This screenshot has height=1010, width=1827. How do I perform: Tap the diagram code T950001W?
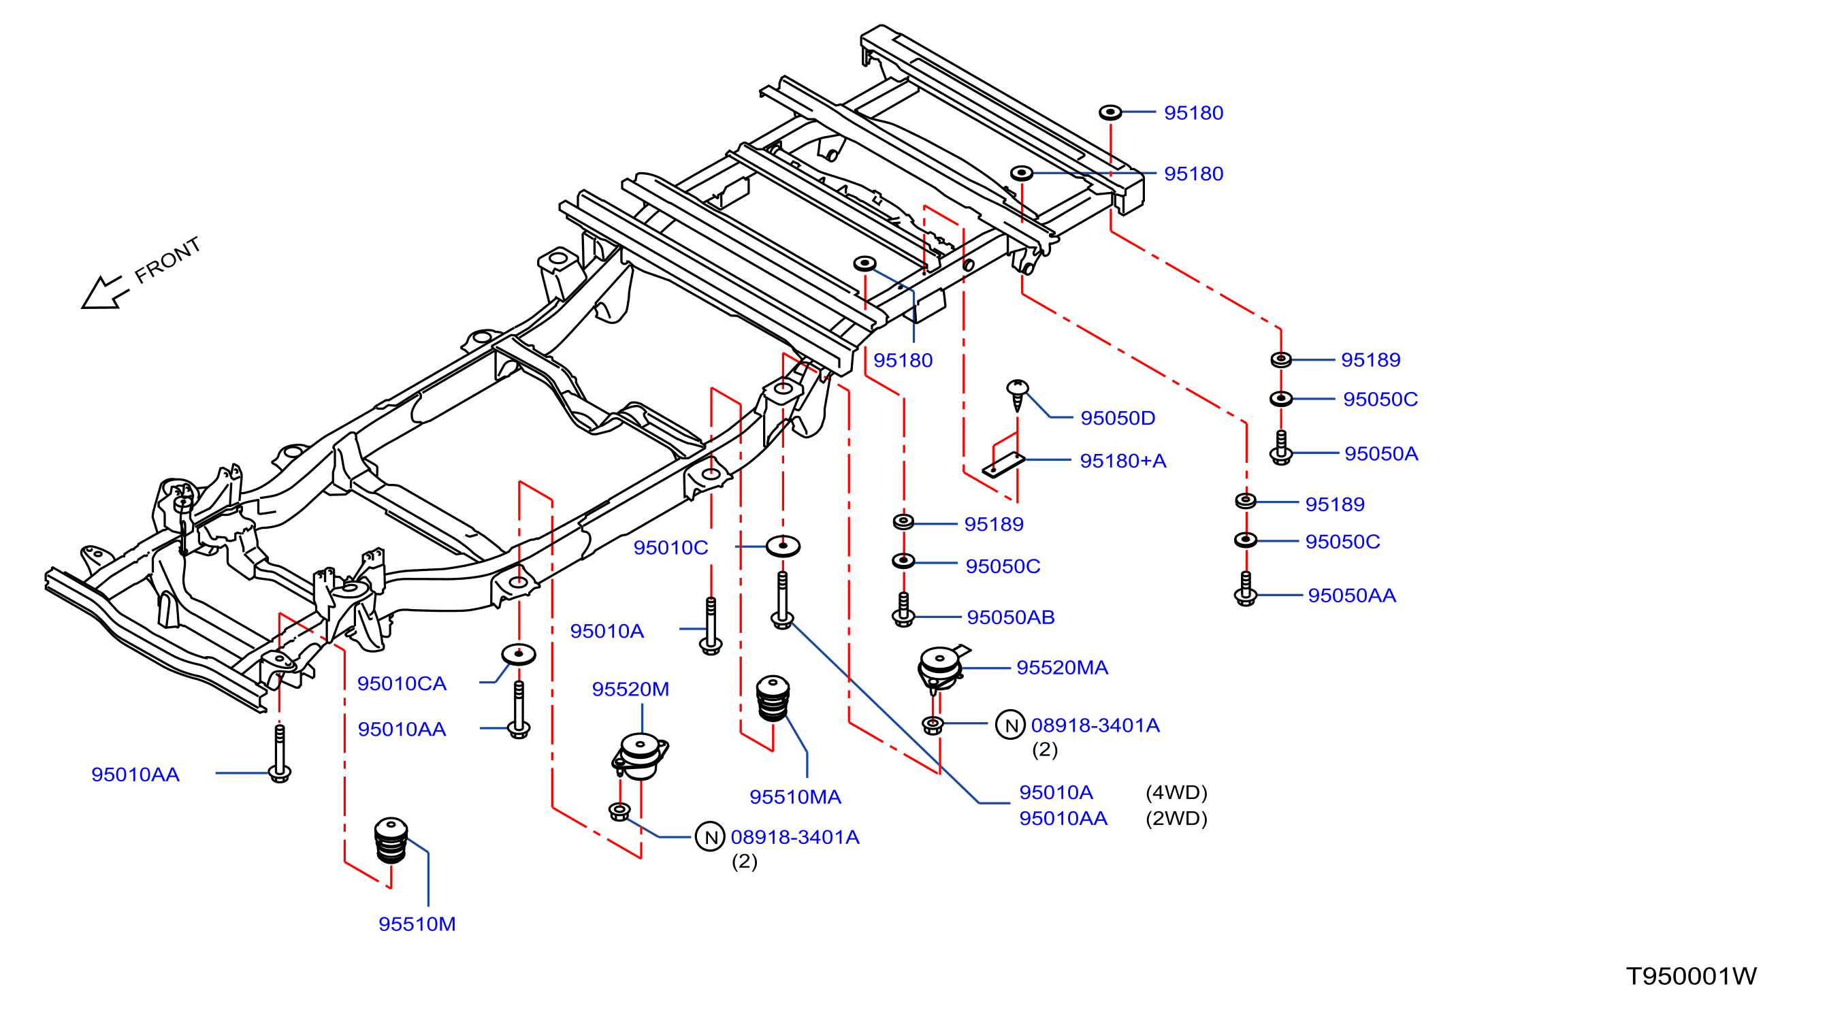(1691, 976)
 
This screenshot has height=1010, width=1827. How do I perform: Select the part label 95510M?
(417, 924)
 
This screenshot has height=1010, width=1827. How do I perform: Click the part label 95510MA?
(795, 796)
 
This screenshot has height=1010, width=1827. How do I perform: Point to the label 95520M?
(630, 689)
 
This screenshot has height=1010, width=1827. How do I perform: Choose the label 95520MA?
(1062, 668)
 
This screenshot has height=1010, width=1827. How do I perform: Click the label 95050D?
(1118, 418)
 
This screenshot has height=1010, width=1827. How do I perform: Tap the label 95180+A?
(1122, 460)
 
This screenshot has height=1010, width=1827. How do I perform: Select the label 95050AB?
(1011, 617)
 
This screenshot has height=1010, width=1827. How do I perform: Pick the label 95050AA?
(1352, 595)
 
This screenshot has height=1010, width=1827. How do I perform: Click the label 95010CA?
(402, 683)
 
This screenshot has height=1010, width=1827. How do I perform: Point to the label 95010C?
(670, 548)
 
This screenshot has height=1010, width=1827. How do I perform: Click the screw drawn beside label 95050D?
(1018, 394)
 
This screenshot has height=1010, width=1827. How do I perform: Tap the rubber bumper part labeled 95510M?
(391, 841)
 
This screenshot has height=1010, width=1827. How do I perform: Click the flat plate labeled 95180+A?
(1003, 465)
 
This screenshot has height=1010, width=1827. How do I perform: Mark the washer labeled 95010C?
(783, 545)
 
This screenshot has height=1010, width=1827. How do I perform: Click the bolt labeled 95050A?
(1280, 448)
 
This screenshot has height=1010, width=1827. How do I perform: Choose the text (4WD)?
(1176, 792)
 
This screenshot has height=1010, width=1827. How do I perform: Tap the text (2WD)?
(1176, 818)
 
